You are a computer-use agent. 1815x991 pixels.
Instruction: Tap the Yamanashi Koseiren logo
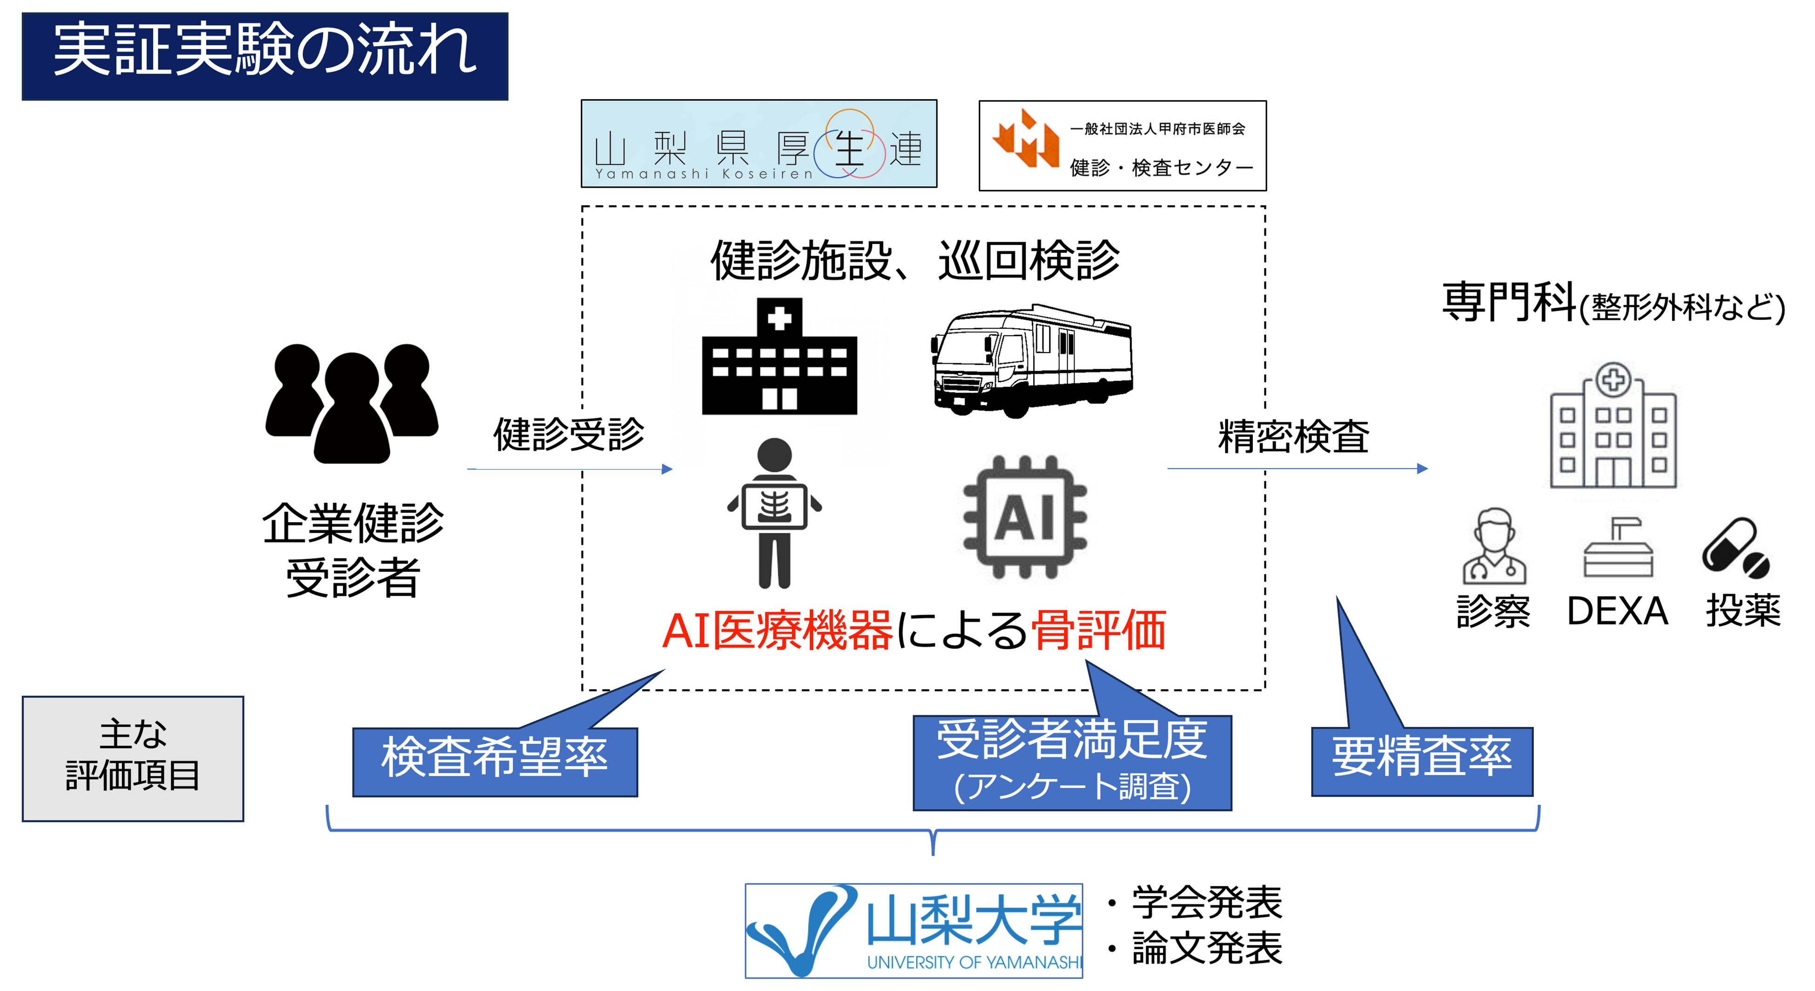(759, 144)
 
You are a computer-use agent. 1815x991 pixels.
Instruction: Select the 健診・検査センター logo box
(1123, 146)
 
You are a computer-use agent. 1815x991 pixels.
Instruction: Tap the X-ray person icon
(774, 512)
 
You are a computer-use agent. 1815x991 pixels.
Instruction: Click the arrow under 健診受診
(569, 468)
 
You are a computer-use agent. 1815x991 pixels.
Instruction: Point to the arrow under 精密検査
(1297, 468)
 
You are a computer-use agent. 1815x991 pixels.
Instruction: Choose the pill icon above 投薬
(1735, 548)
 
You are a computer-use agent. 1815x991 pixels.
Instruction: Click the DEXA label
(1617, 611)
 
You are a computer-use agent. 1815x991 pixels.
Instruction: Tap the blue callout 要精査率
(1422, 760)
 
